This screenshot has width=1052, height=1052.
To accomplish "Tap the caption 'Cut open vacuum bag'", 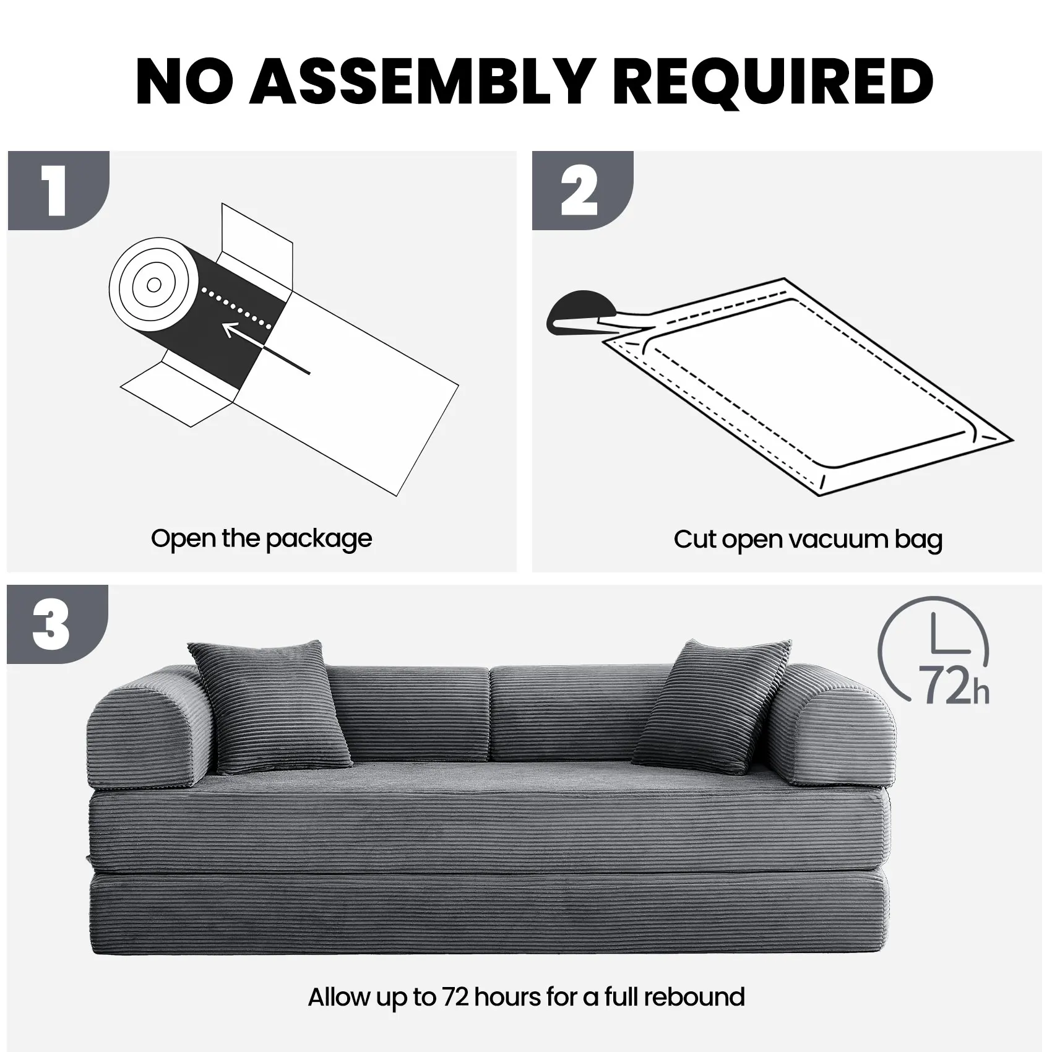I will (808, 540).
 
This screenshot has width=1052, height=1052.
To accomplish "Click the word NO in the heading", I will (186, 81).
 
